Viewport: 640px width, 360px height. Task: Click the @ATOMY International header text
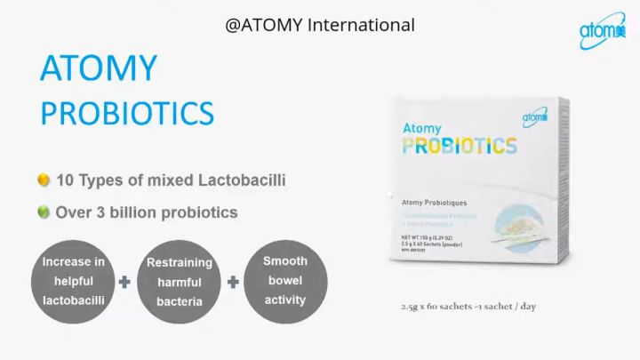[320, 25]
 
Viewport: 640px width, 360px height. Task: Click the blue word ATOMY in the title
[99, 69]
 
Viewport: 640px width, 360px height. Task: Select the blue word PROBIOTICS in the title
[128, 113]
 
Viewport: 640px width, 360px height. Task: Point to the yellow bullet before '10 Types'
[43, 180]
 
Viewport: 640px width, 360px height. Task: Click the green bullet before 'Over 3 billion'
[43, 212]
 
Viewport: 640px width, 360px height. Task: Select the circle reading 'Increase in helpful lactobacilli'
[74, 282]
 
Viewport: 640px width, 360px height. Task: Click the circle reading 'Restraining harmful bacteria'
[180, 282]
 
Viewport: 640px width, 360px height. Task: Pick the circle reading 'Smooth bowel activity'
[285, 281]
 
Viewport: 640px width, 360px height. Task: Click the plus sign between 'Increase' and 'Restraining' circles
[125, 283]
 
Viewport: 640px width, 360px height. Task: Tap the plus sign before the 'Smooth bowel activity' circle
[233, 283]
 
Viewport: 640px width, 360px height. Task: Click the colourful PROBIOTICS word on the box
[459, 145]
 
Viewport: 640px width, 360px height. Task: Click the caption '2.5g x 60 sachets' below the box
[468, 308]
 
